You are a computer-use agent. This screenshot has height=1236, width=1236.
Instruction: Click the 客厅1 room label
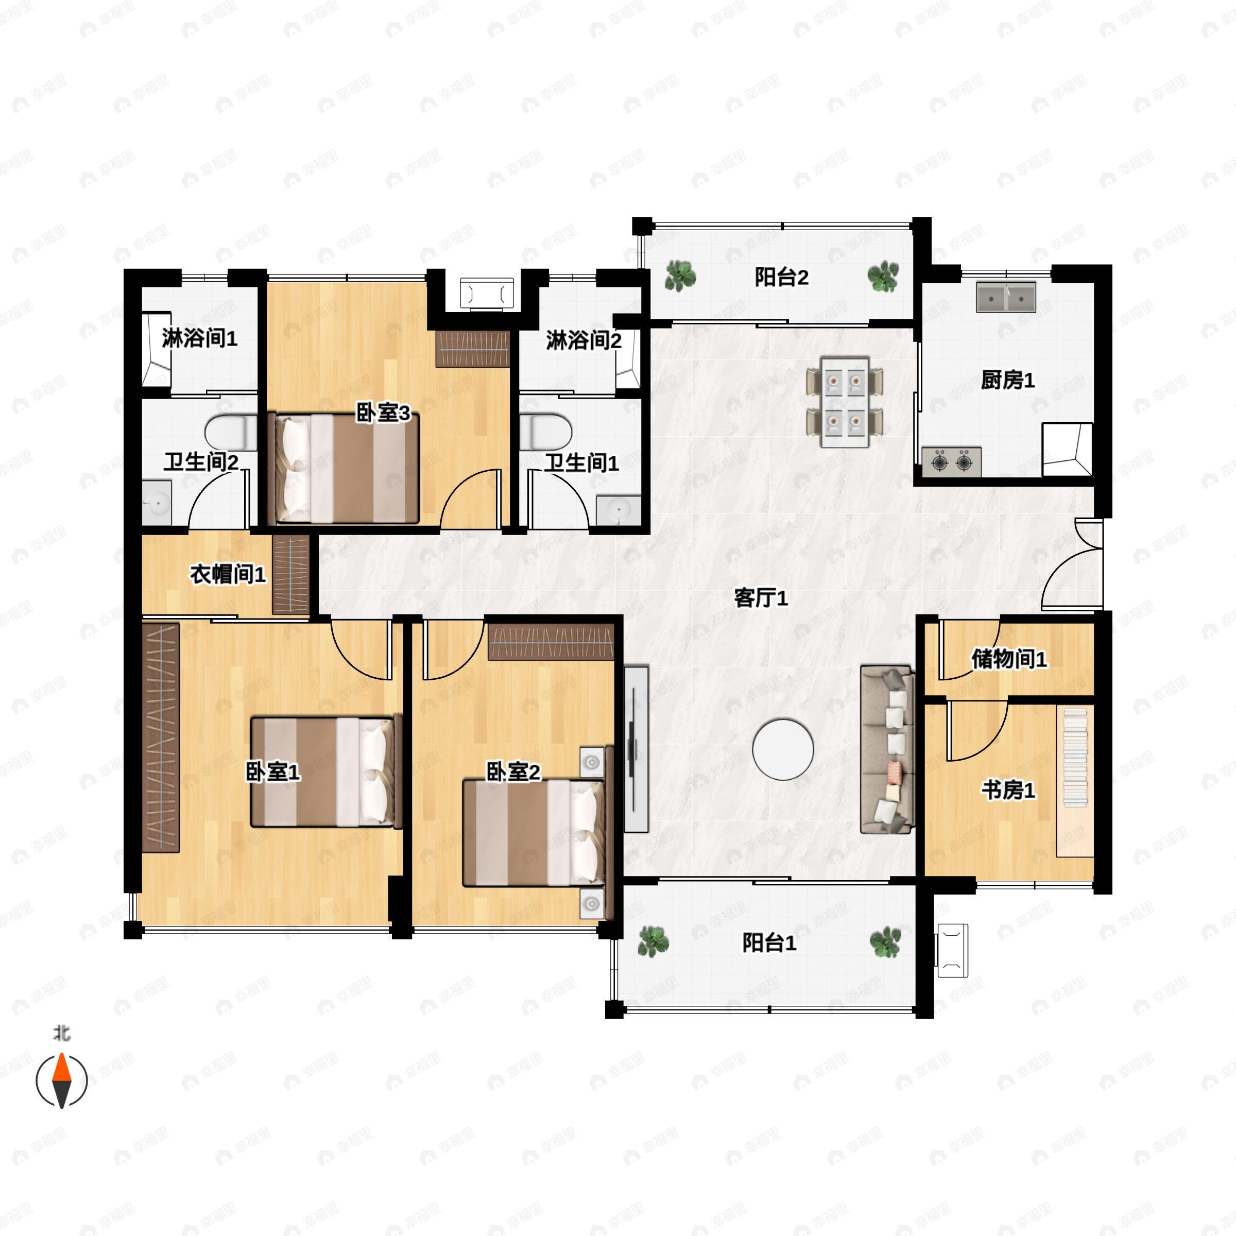click(761, 598)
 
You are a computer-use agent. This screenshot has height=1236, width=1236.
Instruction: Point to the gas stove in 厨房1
click(951, 461)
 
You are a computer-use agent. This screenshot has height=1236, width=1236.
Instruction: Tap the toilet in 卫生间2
click(231, 433)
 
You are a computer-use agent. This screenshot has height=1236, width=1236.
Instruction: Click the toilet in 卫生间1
click(545, 433)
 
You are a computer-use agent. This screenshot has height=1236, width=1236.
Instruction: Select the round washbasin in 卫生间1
click(618, 510)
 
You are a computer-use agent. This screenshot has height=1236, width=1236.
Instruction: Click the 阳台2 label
click(781, 277)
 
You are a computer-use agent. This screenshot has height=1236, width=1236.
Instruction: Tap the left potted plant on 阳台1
click(653, 942)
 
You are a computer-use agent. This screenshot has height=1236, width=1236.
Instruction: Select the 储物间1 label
click(1009, 659)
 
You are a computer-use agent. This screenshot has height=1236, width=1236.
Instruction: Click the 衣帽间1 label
click(228, 575)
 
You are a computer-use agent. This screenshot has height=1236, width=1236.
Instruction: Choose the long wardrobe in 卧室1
click(160, 737)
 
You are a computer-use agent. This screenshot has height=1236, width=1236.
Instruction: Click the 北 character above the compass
click(61, 1034)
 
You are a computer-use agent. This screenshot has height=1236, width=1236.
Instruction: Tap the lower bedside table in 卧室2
click(592, 903)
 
